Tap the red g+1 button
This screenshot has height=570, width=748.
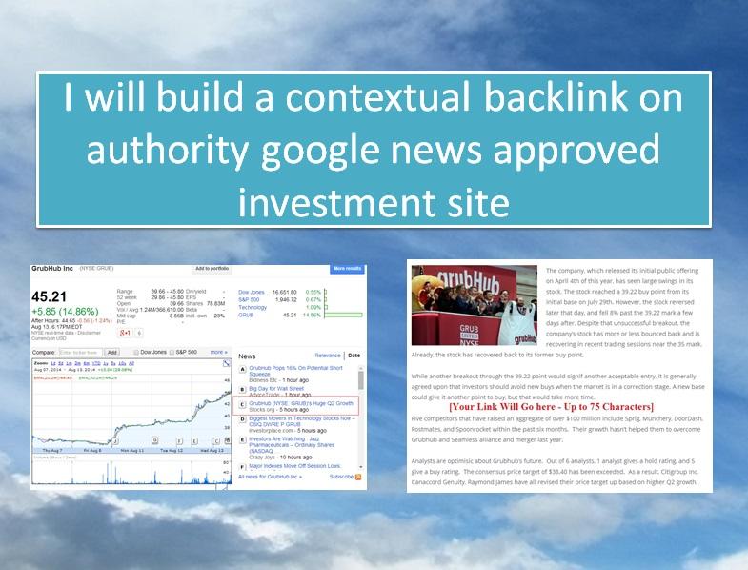click(x=125, y=333)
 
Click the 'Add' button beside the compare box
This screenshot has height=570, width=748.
click(x=111, y=352)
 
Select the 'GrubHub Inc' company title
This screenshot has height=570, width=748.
click(x=54, y=269)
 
